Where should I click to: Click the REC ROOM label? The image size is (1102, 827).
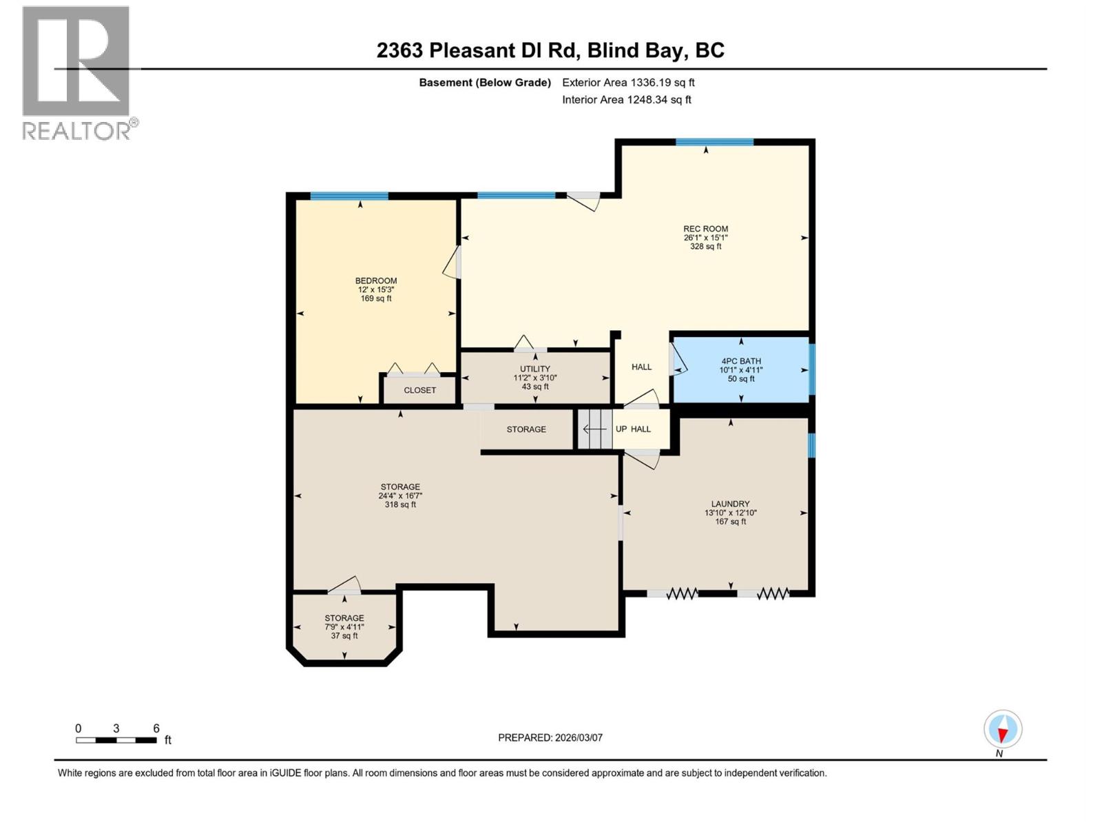[x=705, y=229]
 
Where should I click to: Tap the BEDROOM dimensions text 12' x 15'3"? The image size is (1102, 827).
[x=375, y=289]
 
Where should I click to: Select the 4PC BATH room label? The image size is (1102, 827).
[x=741, y=361]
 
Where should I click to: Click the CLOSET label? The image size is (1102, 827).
[x=419, y=390]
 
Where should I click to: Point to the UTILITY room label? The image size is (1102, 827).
[x=534, y=369]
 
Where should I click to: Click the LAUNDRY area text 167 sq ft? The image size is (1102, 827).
[x=730, y=522]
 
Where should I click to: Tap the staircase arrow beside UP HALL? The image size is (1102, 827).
[x=594, y=429]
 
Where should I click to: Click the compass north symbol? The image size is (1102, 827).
[x=1003, y=729]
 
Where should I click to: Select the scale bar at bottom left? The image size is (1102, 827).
[x=116, y=740]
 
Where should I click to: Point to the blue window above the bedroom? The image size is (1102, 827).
[x=349, y=196]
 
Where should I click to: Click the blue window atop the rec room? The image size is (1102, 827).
[x=714, y=142]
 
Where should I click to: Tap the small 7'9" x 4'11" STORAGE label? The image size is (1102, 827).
[x=344, y=618]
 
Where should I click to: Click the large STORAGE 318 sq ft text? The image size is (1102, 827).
[x=400, y=504]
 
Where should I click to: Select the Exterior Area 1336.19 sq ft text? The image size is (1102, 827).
[x=628, y=83]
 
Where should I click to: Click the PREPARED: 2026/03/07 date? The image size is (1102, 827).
[x=550, y=737]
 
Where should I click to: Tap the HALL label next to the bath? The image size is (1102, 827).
[x=641, y=367]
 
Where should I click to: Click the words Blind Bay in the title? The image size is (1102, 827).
[x=643, y=50]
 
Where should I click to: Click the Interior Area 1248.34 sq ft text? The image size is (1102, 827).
[x=626, y=100]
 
